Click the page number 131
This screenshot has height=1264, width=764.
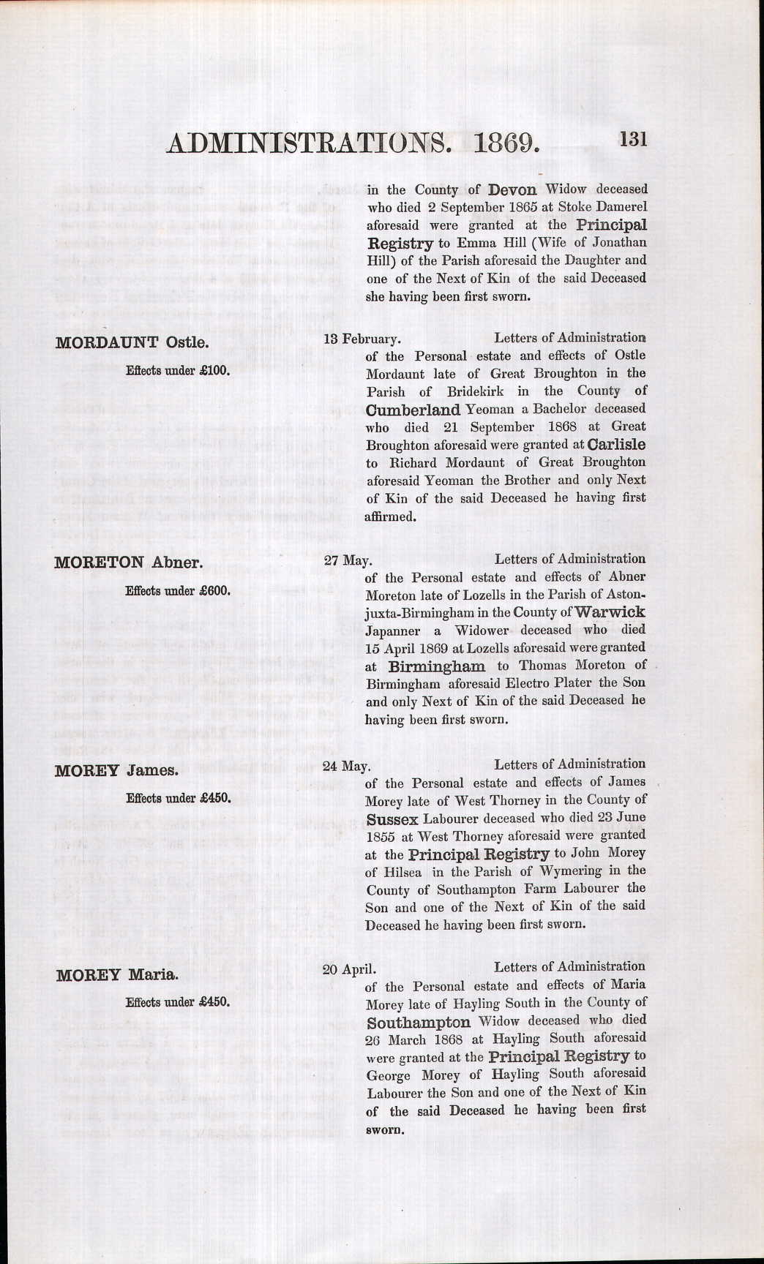pyautogui.click(x=633, y=139)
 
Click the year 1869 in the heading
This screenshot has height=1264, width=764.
pyautogui.click(x=506, y=142)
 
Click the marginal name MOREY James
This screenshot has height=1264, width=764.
pyautogui.click(x=116, y=770)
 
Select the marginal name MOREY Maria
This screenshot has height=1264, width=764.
pyautogui.click(x=116, y=975)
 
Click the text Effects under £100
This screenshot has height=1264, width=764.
pyautogui.click(x=178, y=371)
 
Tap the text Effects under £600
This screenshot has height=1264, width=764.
pyautogui.click(x=178, y=591)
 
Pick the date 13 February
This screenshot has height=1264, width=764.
pyautogui.click(x=362, y=339)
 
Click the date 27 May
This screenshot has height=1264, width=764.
pyautogui.click(x=348, y=560)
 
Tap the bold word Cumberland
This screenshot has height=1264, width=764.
pyautogui.click(x=413, y=410)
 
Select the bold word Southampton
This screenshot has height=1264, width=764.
pyautogui.click(x=419, y=1022)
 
